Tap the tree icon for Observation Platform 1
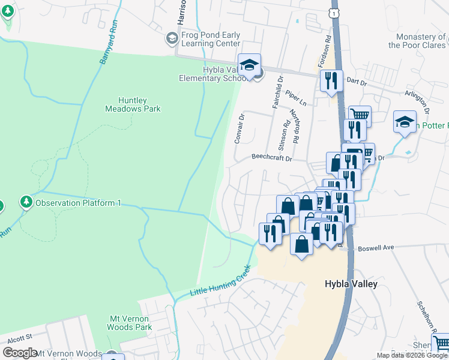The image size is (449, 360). (26, 202)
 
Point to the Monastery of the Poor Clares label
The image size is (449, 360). (417, 40)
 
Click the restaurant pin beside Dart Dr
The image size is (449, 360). (331, 80)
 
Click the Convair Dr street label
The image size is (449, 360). (240, 128)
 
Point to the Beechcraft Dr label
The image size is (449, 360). (271, 159)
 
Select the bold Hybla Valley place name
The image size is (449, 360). (351, 284)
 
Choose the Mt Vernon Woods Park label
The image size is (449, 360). (129, 323)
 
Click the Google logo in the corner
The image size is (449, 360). (20, 353)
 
